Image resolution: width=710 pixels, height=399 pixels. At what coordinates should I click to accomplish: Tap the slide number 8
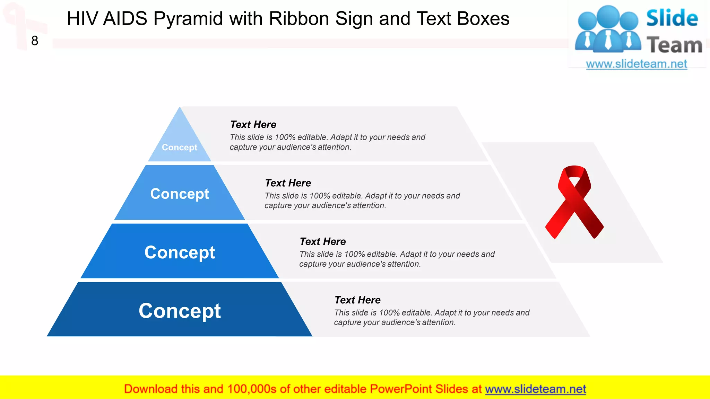[35, 41]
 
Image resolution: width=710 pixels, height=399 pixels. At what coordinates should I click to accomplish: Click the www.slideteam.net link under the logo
[637, 64]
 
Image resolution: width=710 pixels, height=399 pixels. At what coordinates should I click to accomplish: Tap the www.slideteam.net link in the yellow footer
[535, 389]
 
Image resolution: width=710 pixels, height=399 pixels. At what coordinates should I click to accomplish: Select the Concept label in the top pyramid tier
[180, 148]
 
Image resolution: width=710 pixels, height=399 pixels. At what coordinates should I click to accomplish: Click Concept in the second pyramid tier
[180, 194]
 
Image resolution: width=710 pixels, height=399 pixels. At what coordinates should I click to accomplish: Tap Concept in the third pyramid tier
[180, 252]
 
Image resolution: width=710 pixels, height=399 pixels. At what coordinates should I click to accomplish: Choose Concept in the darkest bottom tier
[180, 311]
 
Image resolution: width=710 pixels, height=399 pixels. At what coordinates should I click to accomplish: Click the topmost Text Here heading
[253, 124]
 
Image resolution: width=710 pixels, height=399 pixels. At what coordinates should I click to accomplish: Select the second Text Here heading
[288, 183]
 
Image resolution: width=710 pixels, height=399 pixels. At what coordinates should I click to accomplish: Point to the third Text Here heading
[322, 241]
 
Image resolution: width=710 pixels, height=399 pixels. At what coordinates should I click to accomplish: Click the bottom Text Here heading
[357, 300]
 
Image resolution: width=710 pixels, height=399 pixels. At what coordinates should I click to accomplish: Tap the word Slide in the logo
[672, 18]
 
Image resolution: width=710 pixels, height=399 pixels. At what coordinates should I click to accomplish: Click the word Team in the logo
[674, 45]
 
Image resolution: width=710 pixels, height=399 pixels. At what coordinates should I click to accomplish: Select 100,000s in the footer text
[252, 389]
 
